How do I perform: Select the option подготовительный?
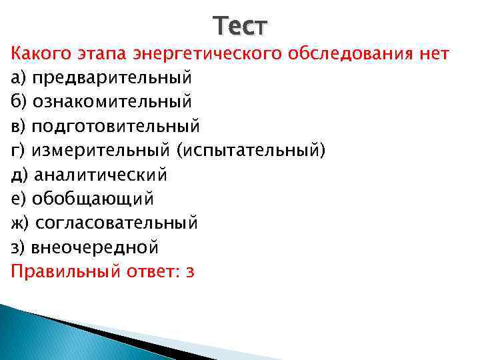pos(116,126)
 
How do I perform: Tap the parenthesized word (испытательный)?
pos(251,151)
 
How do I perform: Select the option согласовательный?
pos(117,223)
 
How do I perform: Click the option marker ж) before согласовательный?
pos(21,223)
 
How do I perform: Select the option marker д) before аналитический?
pos(20,175)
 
